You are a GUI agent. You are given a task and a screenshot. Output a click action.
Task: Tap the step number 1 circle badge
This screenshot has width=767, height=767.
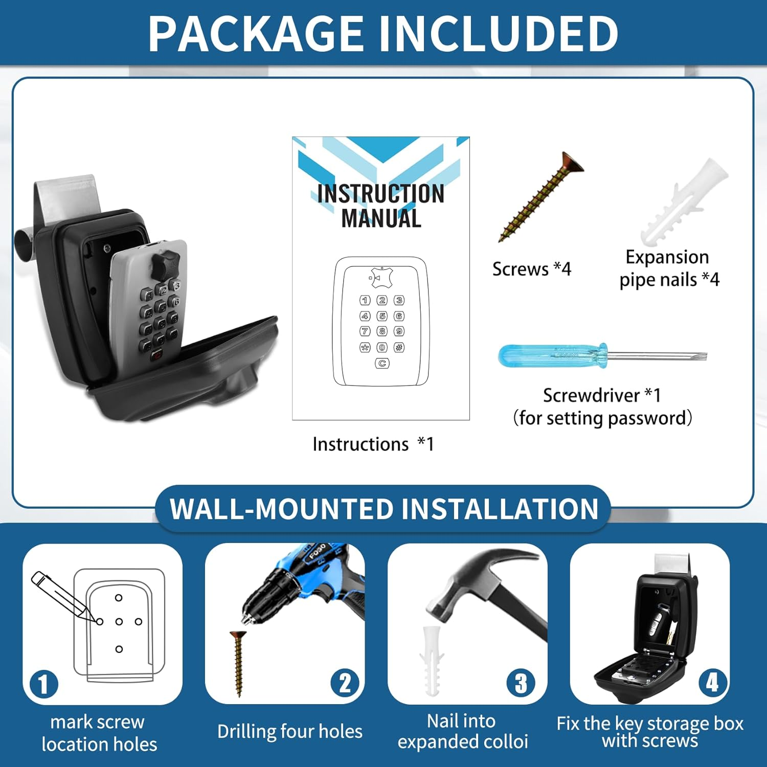click(43, 684)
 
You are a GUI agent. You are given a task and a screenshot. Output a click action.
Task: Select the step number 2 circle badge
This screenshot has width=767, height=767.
click(345, 683)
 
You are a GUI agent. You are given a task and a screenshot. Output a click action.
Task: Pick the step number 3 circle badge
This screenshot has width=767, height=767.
click(521, 683)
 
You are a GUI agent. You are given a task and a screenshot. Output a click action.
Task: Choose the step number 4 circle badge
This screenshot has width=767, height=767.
click(712, 682)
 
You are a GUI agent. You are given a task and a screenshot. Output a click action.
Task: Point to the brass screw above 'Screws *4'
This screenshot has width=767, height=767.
click(541, 196)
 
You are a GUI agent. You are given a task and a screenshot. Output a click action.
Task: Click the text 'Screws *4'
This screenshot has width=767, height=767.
click(531, 269)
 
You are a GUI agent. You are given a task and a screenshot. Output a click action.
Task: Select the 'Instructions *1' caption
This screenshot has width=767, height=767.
click(373, 444)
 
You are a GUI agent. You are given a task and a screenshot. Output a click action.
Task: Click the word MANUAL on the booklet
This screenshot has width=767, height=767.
click(381, 218)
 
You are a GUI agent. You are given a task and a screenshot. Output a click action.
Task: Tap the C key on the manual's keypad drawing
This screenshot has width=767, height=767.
click(382, 363)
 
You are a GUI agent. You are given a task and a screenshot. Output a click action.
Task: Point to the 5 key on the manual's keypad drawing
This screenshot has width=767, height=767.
click(382, 316)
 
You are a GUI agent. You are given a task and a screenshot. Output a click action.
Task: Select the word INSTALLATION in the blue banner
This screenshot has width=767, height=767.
click(500, 509)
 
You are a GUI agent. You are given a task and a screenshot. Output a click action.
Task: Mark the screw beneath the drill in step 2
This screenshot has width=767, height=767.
click(238, 663)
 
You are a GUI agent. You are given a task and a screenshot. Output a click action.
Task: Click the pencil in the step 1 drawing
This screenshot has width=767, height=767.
click(63, 595)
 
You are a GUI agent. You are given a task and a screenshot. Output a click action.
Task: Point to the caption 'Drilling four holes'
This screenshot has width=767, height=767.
click(290, 732)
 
